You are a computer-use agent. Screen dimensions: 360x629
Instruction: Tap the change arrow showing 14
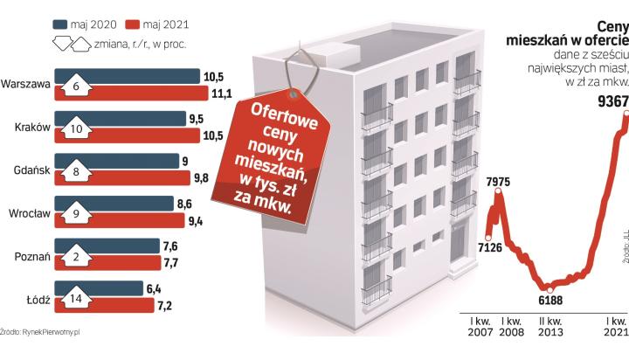click(78, 298)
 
